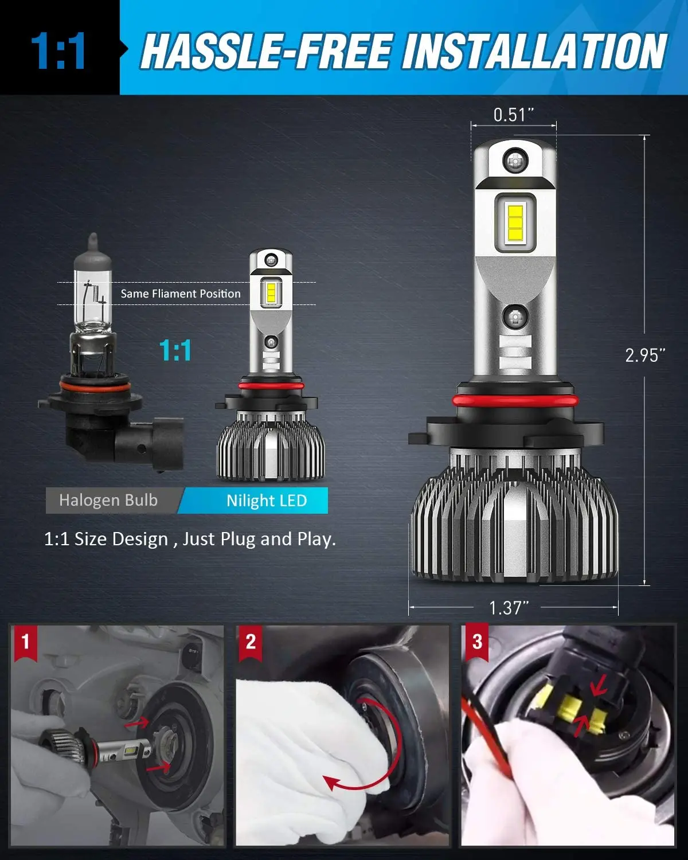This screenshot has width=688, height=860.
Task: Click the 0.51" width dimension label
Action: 513,115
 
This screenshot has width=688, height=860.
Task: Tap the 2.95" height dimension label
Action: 645,355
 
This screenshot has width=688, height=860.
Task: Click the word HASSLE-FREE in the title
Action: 267,52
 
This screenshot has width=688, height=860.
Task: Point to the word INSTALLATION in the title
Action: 534,52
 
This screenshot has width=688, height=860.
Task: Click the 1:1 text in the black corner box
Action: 58,52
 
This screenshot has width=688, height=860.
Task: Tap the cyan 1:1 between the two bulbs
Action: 175,350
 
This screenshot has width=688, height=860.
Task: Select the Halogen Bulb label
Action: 108,501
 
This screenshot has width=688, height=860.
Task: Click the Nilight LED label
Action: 267,501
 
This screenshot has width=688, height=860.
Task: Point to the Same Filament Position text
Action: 181,294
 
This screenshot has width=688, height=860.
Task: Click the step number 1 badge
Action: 25,641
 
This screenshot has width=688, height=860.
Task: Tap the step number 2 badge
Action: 251,641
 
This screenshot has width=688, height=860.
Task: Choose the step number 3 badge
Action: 477,641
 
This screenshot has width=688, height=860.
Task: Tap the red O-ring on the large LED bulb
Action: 514,400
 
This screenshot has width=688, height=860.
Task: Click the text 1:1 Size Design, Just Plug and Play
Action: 190,540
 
